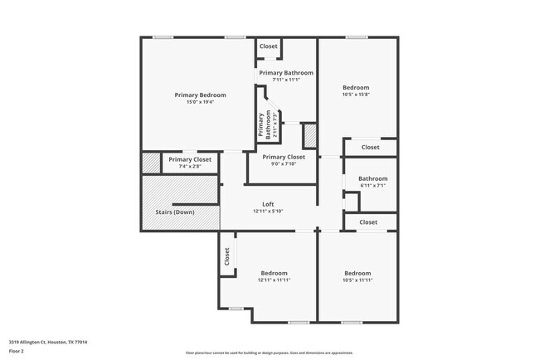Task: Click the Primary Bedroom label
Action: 200,95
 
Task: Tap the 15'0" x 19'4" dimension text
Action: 200,103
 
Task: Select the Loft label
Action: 268,204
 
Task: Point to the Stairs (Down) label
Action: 175,212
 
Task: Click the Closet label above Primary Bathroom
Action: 269,46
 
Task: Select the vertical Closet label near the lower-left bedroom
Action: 226,257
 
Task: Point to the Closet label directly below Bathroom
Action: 368,222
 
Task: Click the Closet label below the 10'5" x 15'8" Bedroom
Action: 370,148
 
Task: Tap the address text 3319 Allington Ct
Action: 48,342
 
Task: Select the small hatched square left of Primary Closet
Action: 150,163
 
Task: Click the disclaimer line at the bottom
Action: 269,353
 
